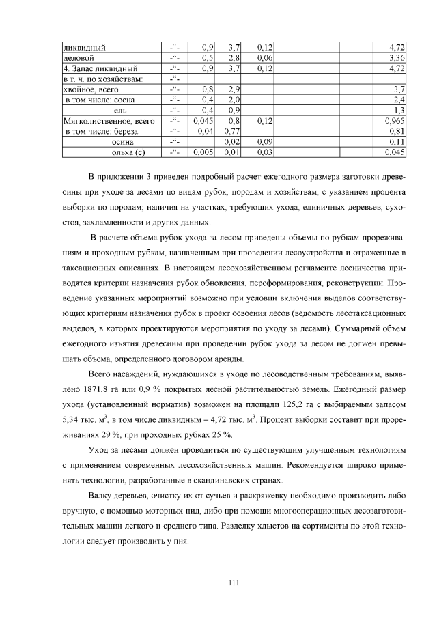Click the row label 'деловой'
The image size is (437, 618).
point(74,58)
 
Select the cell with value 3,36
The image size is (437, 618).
point(397,58)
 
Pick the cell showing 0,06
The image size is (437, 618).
point(265,58)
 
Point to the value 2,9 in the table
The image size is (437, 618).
point(234,89)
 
